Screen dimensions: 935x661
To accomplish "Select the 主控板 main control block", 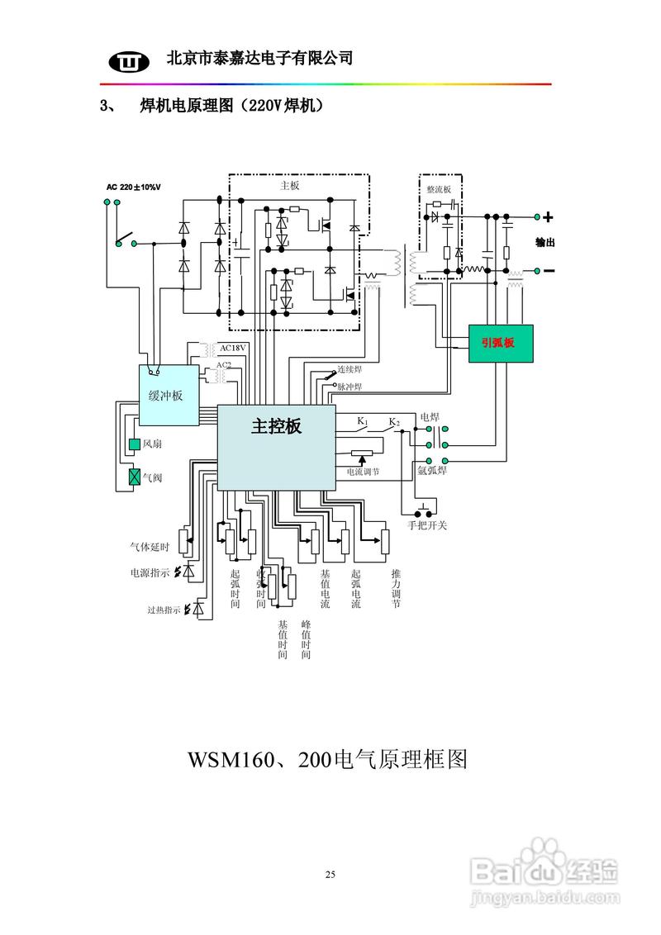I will (x=276, y=447).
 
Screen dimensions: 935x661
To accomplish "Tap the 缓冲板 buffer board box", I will (x=169, y=395).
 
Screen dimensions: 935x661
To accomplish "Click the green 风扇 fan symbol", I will (x=135, y=444).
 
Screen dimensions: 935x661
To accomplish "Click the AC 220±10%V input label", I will (x=133, y=187).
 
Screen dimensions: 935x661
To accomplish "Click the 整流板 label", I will (x=439, y=189).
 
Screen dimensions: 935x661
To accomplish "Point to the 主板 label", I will (x=290, y=187).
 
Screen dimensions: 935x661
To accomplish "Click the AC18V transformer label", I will (x=233, y=348).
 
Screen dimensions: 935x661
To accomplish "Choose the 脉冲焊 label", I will (x=350, y=387).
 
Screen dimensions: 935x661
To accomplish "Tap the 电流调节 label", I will (x=363, y=472).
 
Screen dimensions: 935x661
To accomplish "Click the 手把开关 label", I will (x=427, y=525).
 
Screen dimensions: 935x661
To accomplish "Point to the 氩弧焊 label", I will (x=432, y=471).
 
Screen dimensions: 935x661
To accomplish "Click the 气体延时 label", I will (x=149, y=547).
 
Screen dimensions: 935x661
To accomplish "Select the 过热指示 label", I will (x=164, y=610).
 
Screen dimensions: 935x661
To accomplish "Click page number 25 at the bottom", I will (x=330, y=874).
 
